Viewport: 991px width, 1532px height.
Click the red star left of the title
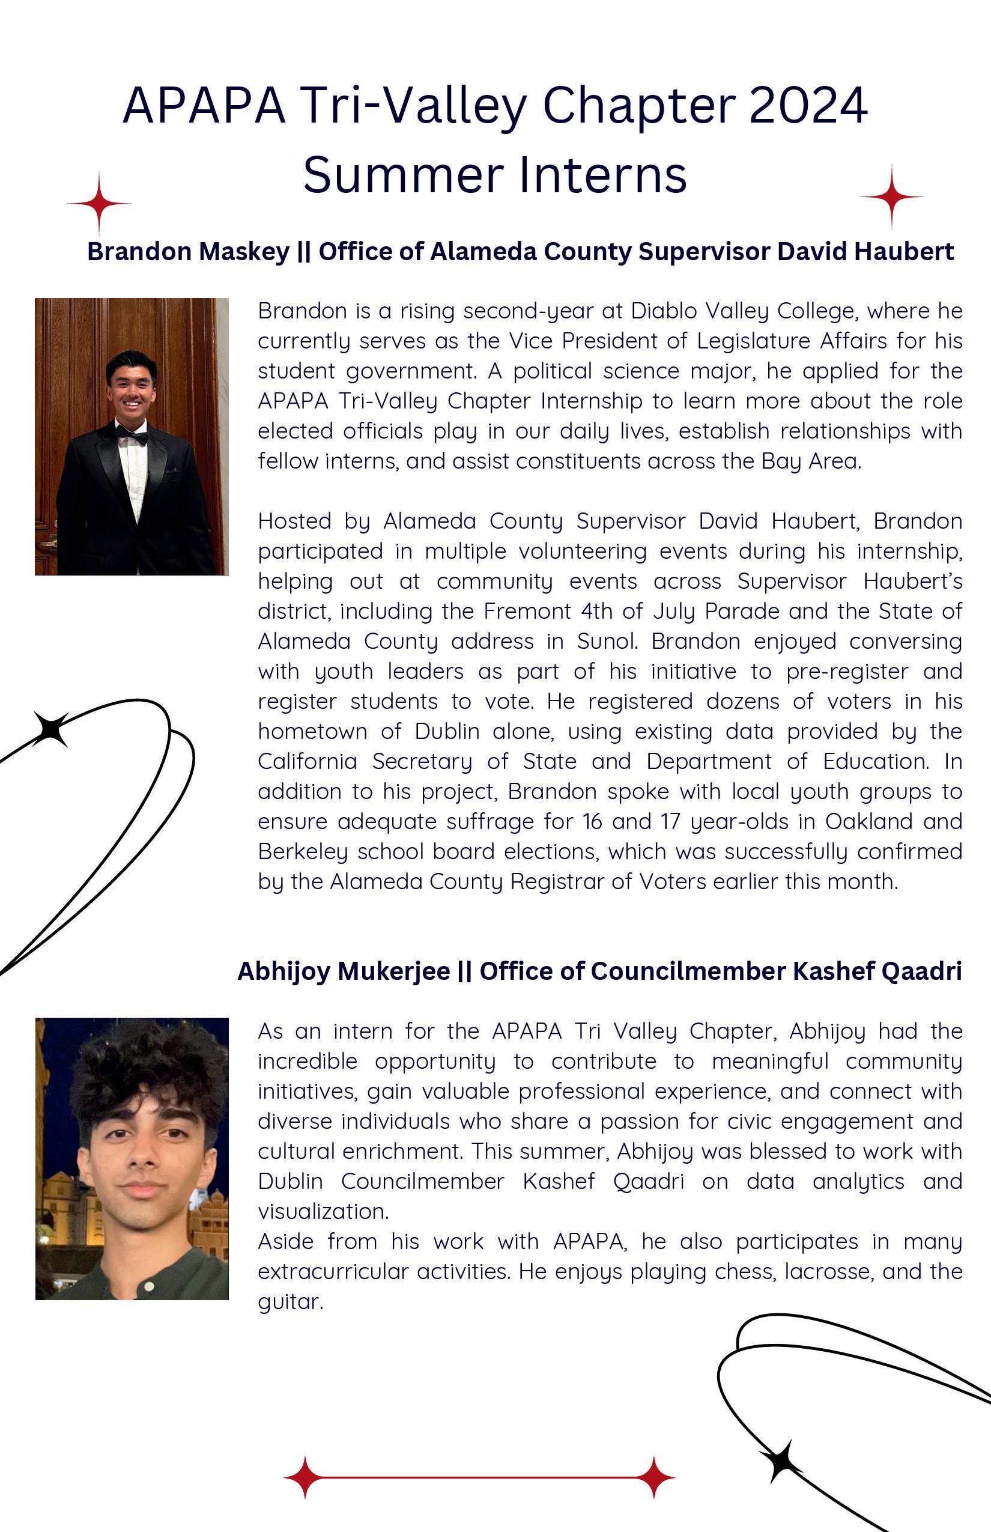click(99, 203)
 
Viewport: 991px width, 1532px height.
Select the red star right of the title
click(891, 196)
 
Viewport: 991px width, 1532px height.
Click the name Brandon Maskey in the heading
click(188, 252)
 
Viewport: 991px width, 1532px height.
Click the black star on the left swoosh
click(52, 729)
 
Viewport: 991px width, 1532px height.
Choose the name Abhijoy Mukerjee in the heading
click(344, 971)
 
